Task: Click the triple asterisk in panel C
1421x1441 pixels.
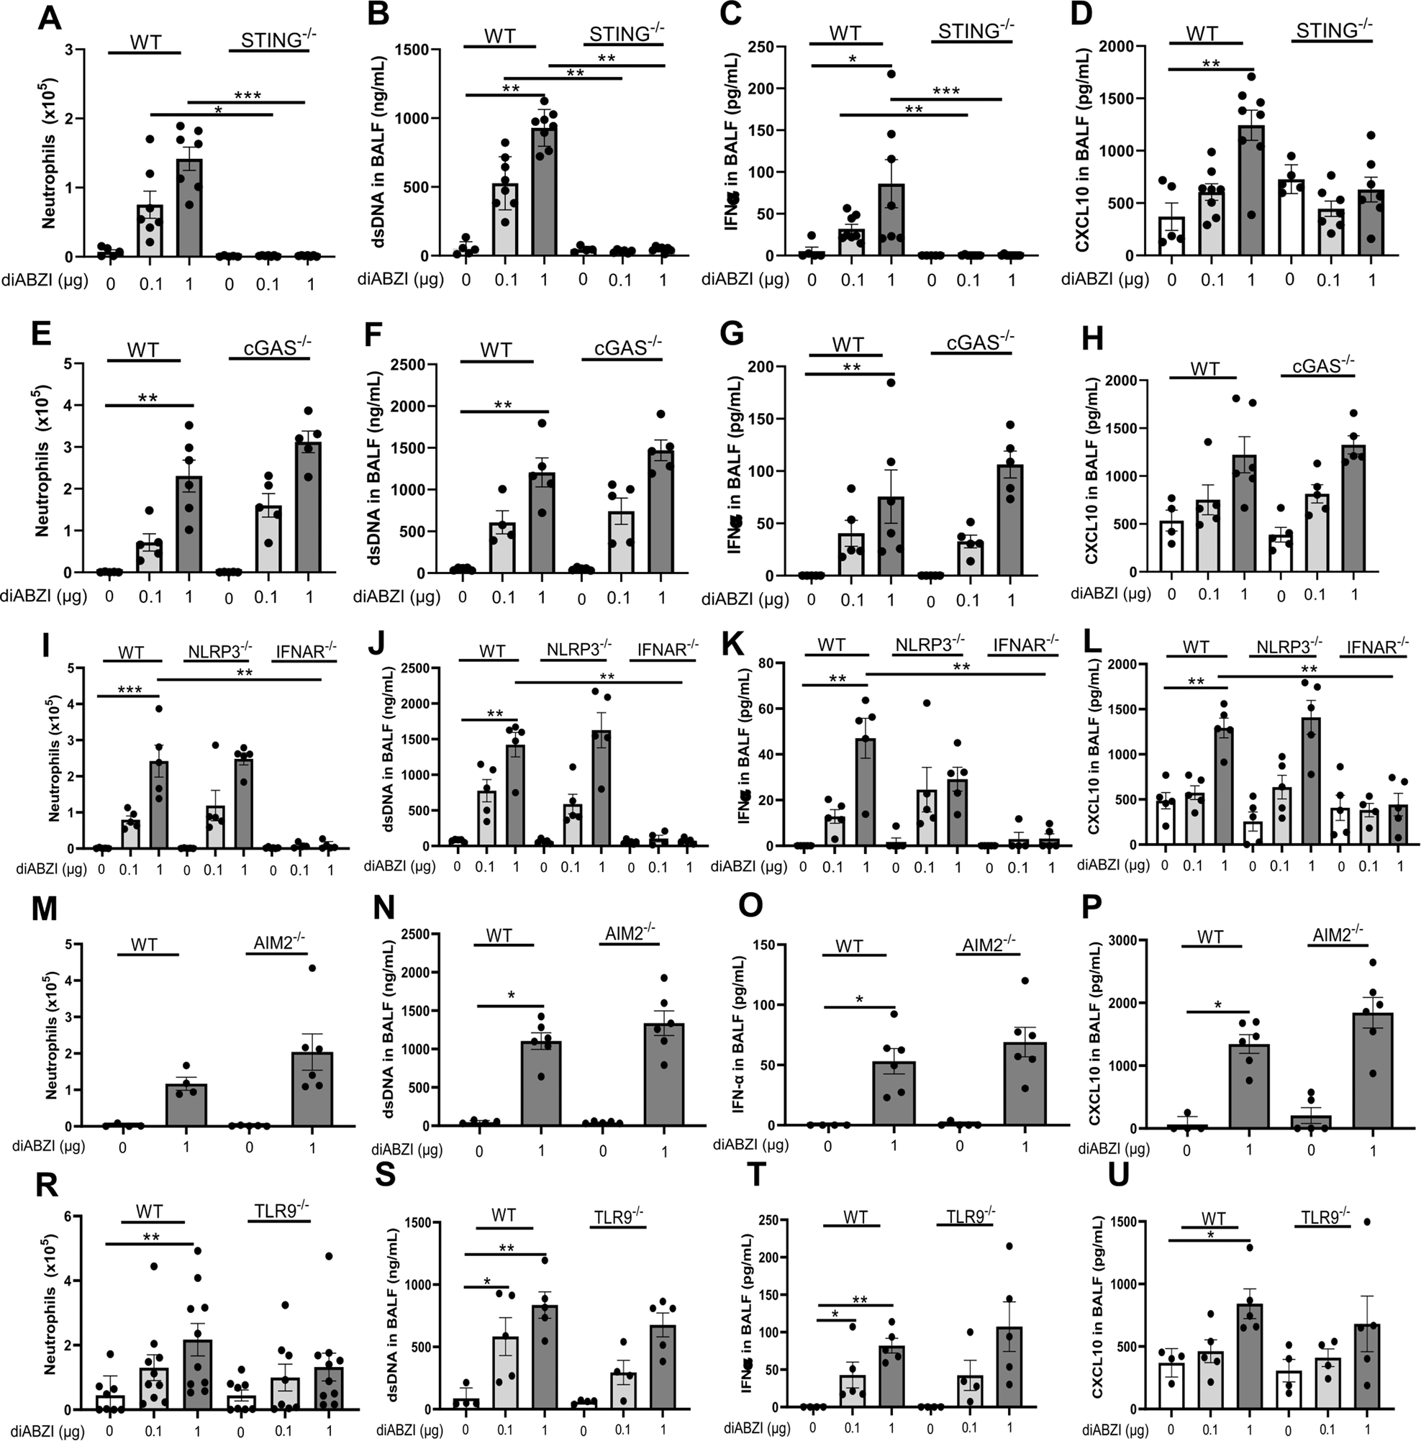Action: click(946, 91)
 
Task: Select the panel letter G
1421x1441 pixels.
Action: click(734, 332)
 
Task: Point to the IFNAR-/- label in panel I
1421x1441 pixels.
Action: click(306, 651)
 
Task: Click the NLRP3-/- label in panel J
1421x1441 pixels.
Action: click(575, 650)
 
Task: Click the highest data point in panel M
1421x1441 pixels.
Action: click(312, 968)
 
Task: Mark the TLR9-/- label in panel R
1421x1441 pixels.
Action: click(278, 1212)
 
